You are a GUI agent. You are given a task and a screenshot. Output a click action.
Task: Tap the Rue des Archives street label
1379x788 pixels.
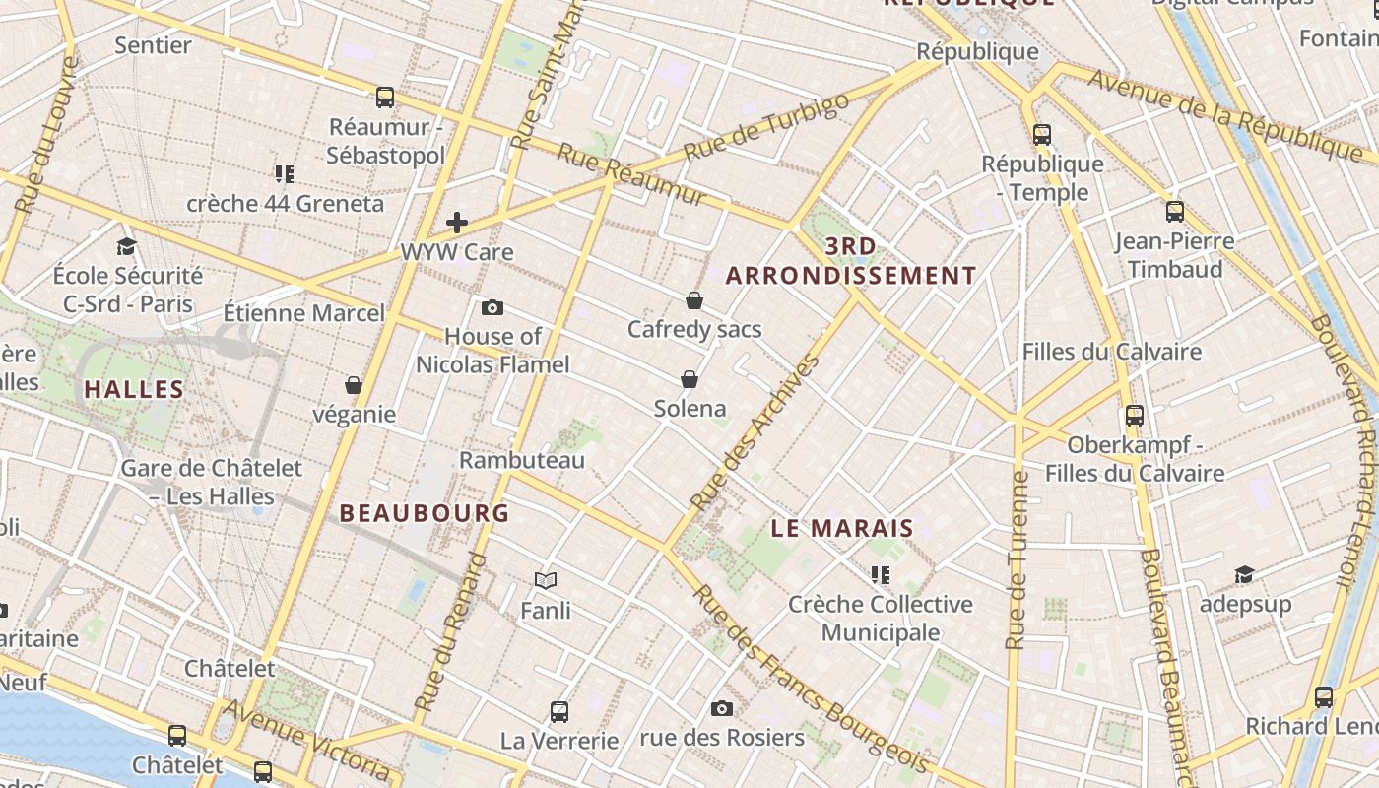[x=756, y=433]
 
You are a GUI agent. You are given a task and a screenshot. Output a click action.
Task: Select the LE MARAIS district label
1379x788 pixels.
[x=842, y=529]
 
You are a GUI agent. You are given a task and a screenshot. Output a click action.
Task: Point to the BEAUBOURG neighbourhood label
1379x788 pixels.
[x=425, y=513]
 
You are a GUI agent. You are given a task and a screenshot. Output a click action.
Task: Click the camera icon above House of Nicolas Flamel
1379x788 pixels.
[x=492, y=308]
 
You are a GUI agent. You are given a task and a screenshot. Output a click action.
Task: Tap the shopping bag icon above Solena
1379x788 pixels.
[x=689, y=379]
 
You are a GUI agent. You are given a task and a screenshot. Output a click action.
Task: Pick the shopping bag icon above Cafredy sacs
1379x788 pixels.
[x=694, y=300]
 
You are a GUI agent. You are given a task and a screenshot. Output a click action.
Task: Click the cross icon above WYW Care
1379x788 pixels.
[x=457, y=223]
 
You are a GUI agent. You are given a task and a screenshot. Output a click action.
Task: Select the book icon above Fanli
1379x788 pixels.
[x=546, y=581]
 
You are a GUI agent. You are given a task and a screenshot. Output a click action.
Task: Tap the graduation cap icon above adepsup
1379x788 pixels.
[x=1245, y=574]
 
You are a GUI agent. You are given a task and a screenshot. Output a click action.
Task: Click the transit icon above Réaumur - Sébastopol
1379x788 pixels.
[x=385, y=98]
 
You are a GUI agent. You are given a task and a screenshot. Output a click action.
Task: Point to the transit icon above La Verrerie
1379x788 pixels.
[x=559, y=711]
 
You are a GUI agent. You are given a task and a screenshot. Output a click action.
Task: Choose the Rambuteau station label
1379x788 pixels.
[x=522, y=460]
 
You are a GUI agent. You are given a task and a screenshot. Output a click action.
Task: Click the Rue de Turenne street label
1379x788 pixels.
[x=1018, y=559]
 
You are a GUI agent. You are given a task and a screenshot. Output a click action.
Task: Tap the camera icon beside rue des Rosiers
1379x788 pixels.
[x=722, y=708]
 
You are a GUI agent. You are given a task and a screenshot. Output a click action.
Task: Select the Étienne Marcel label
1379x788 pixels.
[x=303, y=313]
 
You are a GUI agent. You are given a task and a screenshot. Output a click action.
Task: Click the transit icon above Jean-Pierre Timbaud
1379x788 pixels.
[x=1174, y=211]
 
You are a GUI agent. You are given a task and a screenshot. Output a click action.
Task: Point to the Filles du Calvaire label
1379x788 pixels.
[x=1112, y=352]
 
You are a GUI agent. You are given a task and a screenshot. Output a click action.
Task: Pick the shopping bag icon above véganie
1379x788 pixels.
[x=354, y=385]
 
